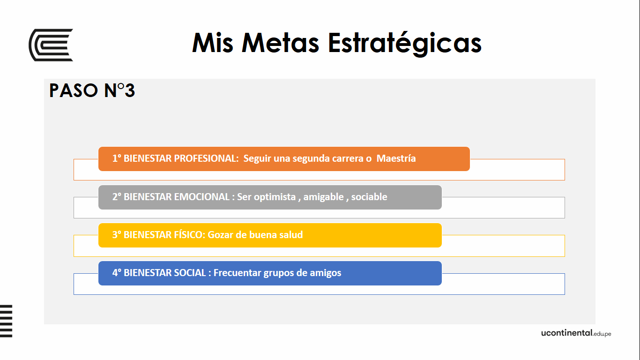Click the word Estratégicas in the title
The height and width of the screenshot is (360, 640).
404,43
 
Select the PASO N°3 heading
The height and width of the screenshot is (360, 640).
92,90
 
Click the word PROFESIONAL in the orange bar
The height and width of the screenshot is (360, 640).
206,158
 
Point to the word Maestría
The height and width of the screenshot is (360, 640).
396,158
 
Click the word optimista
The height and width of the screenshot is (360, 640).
275,197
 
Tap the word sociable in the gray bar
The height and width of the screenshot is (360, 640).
369,197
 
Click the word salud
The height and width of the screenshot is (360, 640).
291,235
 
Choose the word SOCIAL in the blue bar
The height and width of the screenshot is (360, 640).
190,273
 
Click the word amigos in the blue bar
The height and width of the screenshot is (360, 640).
326,273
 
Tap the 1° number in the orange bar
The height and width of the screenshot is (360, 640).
117,158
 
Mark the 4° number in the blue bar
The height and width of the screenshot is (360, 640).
117,273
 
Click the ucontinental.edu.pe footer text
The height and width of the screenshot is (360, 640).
576,333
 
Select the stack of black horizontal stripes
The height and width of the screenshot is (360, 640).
6,321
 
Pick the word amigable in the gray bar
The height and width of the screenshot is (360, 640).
323,197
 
